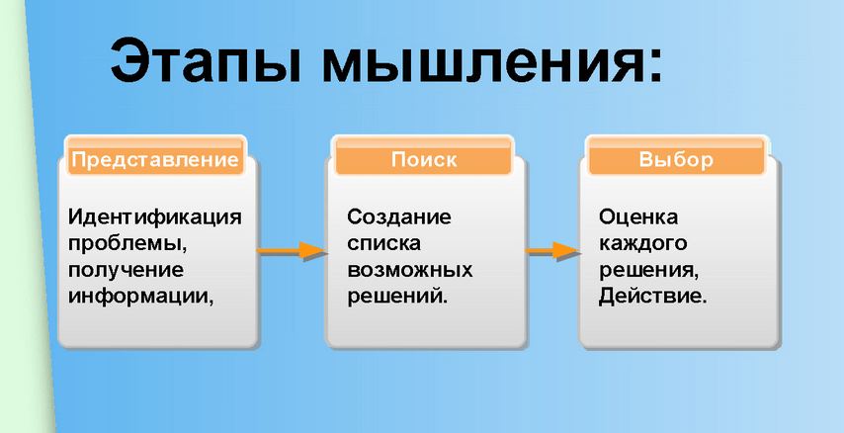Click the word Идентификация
tap(155, 218)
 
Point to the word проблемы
tap(127, 244)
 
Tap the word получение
tap(126, 271)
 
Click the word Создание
tap(399, 217)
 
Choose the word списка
tap(383, 244)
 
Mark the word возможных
tap(409, 271)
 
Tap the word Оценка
tap(638, 217)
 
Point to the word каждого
tap(643, 244)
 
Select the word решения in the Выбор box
tap(649, 271)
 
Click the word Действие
tap(653, 297)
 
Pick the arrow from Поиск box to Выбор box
tap(552, 251)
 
